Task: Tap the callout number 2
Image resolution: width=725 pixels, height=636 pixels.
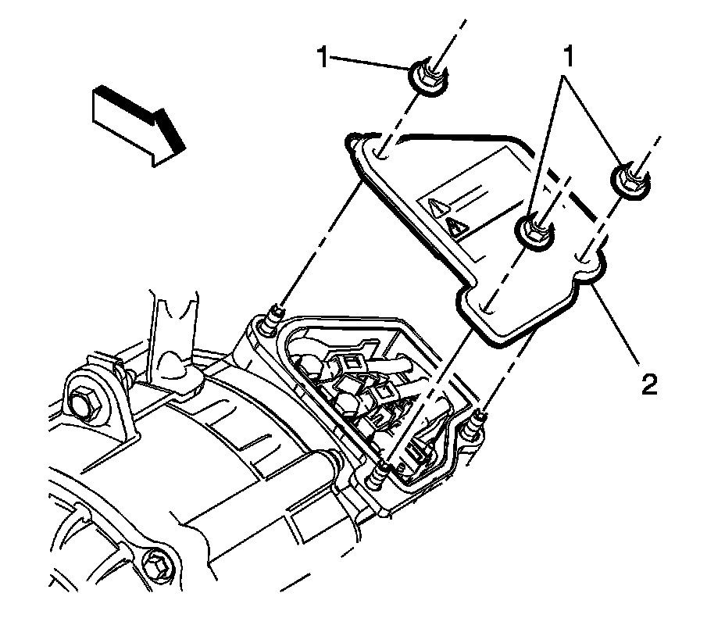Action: coord(649,384)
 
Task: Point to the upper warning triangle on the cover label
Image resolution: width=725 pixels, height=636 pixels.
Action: coord(438,208)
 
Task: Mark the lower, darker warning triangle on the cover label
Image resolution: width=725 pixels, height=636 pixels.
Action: coord(456,227)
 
